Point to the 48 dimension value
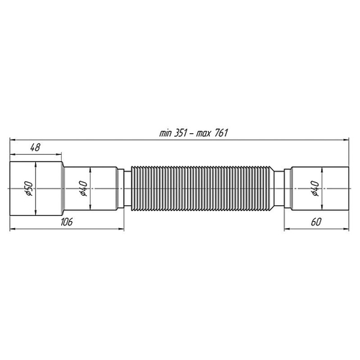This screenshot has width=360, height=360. coord(35,147)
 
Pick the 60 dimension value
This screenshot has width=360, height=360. coord(315,222)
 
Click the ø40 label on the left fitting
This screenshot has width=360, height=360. coord(84,189)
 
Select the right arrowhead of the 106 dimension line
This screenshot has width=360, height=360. coord(129,229)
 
